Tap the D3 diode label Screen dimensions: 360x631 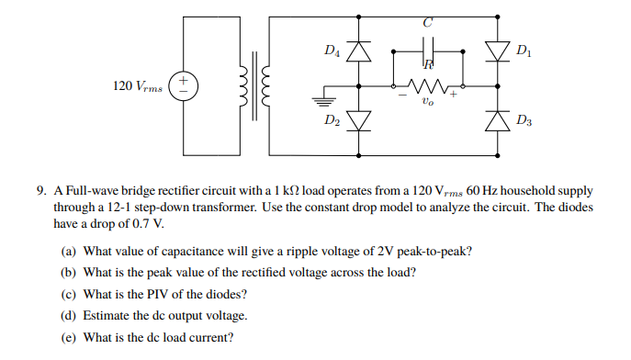524,120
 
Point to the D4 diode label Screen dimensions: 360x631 332,52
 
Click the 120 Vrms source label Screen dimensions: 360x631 135,85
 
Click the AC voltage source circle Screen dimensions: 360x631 184,85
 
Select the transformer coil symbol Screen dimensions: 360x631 255,85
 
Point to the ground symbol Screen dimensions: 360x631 325,99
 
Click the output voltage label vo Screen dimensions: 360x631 423,103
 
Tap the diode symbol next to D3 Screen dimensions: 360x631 498,120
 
